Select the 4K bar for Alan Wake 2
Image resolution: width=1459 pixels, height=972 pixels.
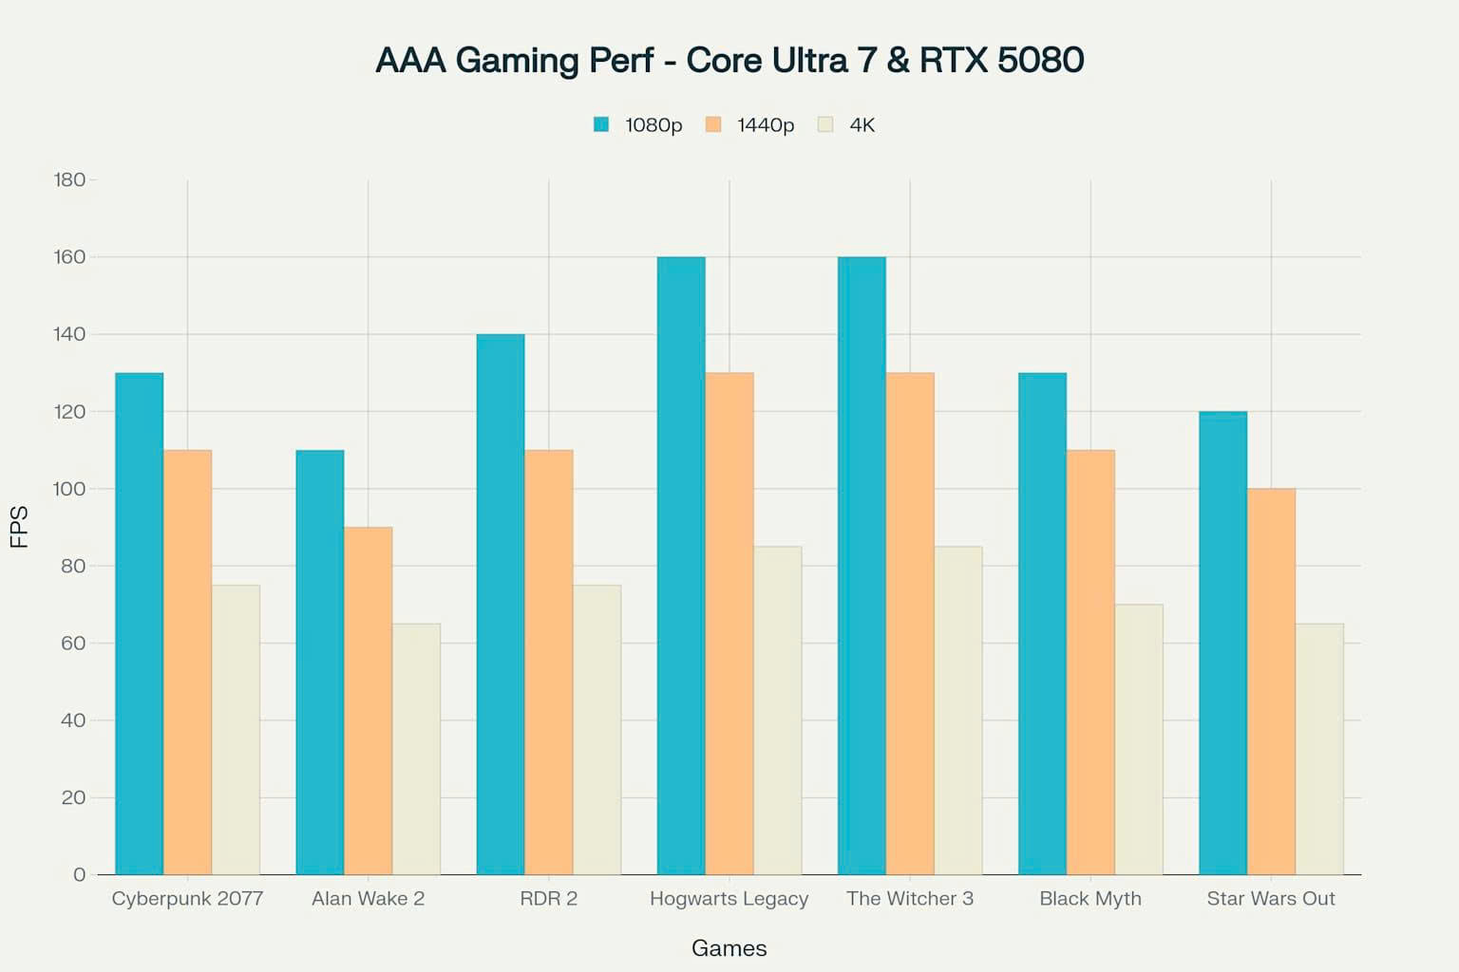(416, 749)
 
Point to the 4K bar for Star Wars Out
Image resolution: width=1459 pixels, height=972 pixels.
(1319, 749)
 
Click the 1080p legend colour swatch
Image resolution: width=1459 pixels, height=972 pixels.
(601, 124)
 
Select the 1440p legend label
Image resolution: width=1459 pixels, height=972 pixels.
(766, 125)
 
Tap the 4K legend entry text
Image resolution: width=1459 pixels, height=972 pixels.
(862, 125)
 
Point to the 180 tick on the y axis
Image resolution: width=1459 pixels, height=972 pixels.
(69, 179)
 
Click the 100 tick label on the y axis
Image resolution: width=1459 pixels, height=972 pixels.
(69, 489)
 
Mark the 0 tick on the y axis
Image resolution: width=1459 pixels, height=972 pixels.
(79, 874)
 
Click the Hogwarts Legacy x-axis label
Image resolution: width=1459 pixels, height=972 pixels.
(729, 898)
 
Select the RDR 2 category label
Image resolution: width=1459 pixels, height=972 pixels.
(548, 898)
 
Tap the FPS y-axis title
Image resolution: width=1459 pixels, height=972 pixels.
(19, 527)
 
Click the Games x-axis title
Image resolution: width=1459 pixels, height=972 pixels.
(729, 947)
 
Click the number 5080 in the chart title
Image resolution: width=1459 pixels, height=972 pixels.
(1040, 60)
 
